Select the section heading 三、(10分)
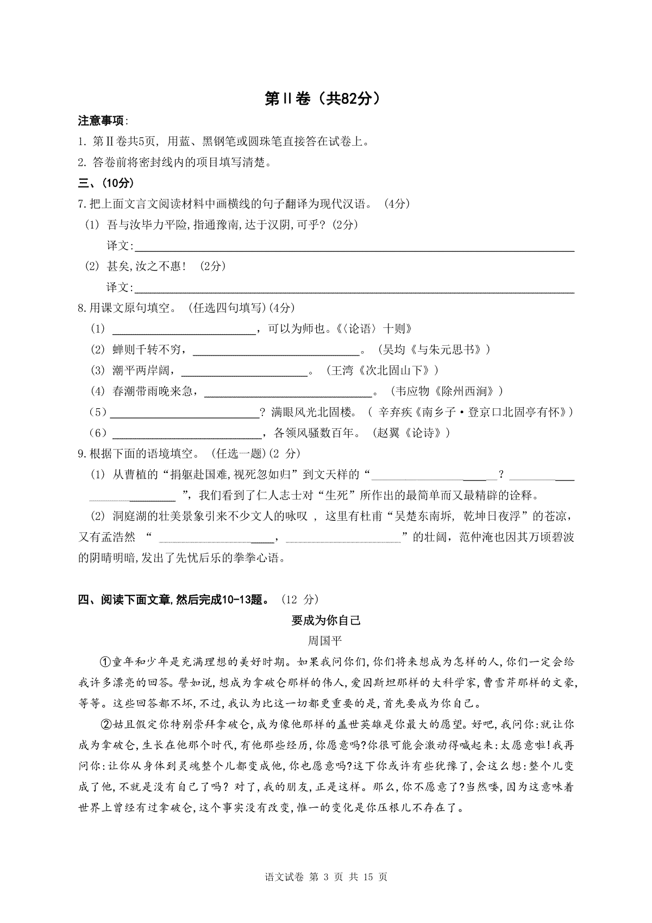pyautogui.click(x=106, y=183)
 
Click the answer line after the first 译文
pyautogui.click(x=353, y=249)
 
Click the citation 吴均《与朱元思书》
pyautogui.click(x=433, y=350)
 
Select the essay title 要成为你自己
pyautogui.click(x=326, y=620)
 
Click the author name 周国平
pyautogui.click(x=325, y=641)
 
